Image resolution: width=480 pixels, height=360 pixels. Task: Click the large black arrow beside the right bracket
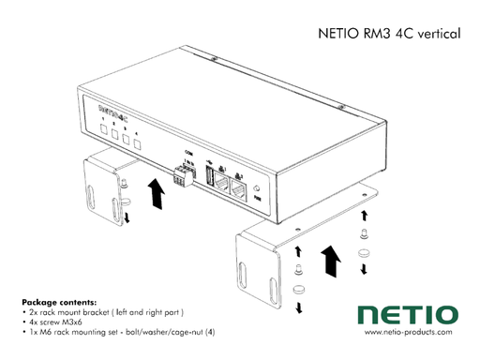click(x=329, y=260)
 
